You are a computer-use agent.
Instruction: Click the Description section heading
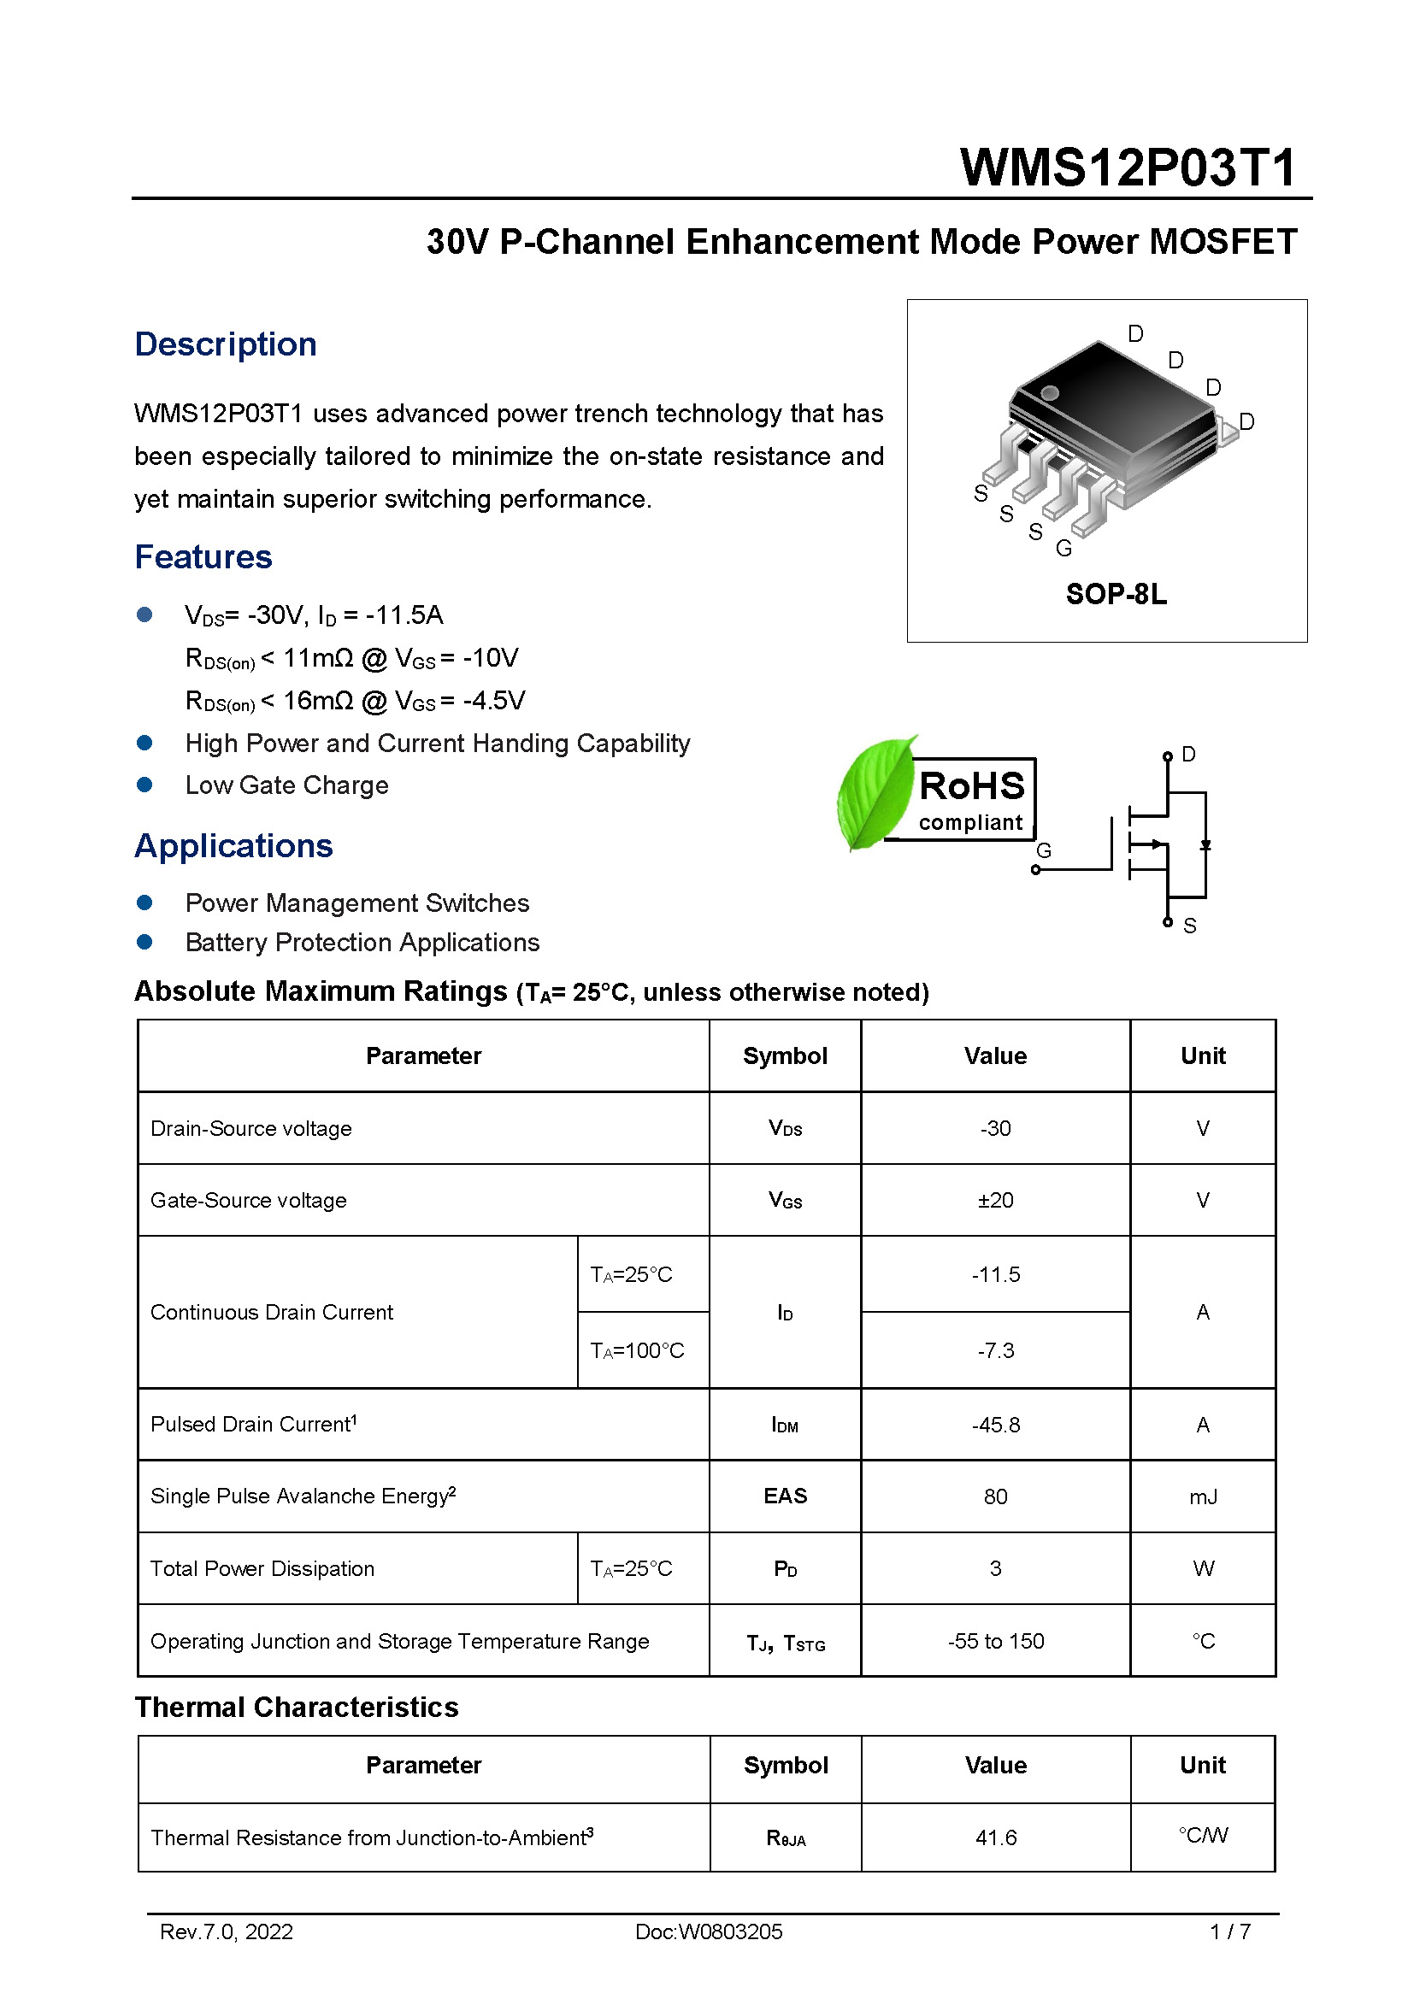coord(226,344)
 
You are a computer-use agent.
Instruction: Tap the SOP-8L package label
coord(1116,594)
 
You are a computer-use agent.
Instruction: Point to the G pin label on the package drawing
coord(1063,549)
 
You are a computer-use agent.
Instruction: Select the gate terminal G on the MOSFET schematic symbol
coord(1042,851)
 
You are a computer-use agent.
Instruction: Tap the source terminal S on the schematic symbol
coord(1188,926)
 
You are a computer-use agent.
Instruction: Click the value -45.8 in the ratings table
coord(995,1425)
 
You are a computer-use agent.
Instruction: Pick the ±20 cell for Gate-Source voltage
coord(995,1200)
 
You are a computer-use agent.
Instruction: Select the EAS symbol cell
coord(785,1496)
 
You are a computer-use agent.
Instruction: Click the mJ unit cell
coord(1203,1496)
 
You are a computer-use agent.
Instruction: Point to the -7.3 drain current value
coord(995,1350)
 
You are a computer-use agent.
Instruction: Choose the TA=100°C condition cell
coord(638,1350)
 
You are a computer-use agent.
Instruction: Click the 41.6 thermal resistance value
coord(995,1837)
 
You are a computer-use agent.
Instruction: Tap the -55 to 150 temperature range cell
coord(995,1641)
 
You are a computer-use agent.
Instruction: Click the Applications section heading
coord(233,845)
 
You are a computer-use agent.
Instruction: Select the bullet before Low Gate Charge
coord(144,785)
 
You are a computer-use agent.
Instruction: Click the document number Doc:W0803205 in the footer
coord(708,1931)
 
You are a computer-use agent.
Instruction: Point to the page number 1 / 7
coord(1229,1931)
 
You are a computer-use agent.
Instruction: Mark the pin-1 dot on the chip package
coord(1050,392)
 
